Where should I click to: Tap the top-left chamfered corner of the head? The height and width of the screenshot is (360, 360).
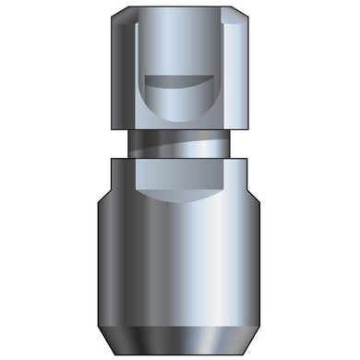click(x=115, y=14)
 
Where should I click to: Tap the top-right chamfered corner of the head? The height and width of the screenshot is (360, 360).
click(x=244, y=14)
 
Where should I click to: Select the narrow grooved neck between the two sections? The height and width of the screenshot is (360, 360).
click(x=180, y=146)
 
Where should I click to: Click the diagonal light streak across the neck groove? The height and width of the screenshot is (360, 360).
click(x=185, y=145)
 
